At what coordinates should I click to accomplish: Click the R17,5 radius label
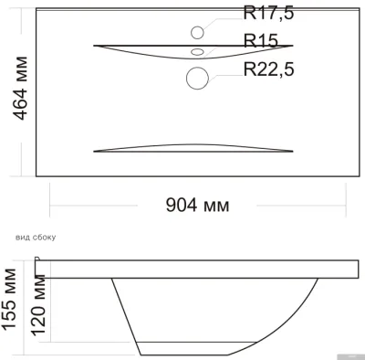268,13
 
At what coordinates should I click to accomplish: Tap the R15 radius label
261,40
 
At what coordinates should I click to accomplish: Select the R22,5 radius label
269,69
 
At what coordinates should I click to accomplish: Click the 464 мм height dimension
20,89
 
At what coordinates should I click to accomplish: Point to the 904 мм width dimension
197,205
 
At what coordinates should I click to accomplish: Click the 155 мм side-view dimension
9,300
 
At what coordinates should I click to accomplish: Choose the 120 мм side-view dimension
38,305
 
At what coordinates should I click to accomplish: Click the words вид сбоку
36,238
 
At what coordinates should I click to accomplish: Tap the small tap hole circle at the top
197,33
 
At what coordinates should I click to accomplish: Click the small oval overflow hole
197,52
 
